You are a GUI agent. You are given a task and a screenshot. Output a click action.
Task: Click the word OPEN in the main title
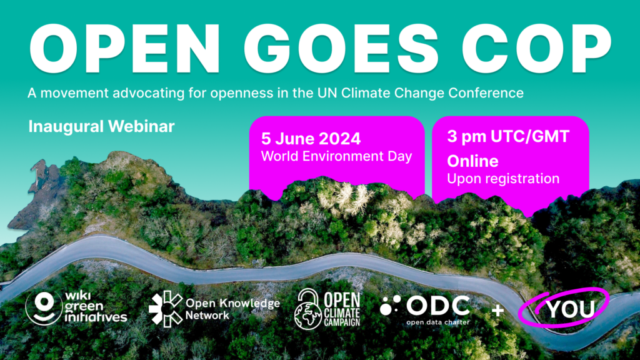click(x=124, y=49)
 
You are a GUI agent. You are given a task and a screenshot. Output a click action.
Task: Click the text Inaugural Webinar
click(x=101, y=126)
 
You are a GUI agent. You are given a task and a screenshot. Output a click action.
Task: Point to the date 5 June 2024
click(x=311, y=139)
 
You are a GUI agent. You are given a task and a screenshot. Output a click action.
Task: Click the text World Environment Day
click(x=336, y=156)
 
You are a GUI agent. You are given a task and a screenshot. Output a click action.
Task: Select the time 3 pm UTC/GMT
click(x=508, y=136)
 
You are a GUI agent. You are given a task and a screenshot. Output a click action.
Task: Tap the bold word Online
click(x=472, y=161)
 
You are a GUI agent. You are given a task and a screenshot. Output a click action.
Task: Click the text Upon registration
click(x=503, y=179)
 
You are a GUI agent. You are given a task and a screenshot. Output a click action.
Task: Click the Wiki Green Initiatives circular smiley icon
click(x=44, y=307)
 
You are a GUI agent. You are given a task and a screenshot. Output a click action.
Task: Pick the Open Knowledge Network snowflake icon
click(x=166, y=309)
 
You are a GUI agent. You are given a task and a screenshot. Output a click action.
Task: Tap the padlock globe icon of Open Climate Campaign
click(x=307, y=309)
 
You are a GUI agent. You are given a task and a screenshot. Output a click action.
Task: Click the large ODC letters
click(x=438, y=306)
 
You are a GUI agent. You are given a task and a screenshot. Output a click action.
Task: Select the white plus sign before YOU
click(x=497, y=311)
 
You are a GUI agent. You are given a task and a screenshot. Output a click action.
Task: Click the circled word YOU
click(x=571, y=309)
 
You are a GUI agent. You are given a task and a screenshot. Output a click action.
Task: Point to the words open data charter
click(x=438, y=322)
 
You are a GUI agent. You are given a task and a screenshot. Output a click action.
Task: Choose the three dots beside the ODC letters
click(x=390, y=305)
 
